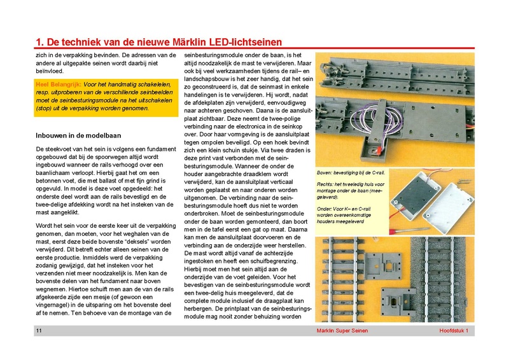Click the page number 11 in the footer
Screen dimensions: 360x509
click(x=39, y=331)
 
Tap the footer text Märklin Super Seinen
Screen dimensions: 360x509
click(x=345, y=331)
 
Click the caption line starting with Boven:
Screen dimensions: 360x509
click(x=351, y=173)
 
